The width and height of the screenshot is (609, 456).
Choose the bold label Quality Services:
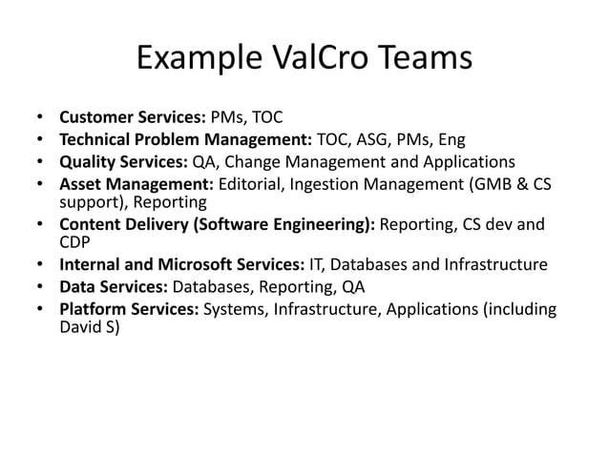124,160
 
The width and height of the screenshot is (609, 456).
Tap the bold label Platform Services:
130,308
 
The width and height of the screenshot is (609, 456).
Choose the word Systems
235,308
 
